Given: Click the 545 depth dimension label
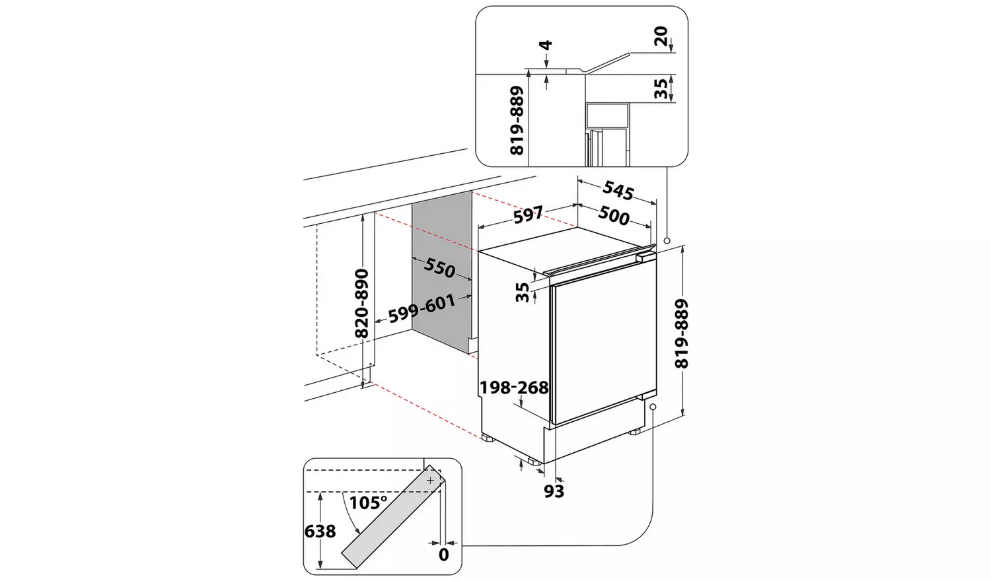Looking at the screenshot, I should (x=618, y=191).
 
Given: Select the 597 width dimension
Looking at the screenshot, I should (x=528, y=214).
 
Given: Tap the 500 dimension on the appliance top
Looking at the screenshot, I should (x=614, y=216).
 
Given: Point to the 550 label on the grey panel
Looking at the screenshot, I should (x=440, y=267).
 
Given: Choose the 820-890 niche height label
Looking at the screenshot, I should (x=361, y=303).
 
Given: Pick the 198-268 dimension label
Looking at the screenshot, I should (x=514, y=388).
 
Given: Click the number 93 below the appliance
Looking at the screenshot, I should (x=554, y=491).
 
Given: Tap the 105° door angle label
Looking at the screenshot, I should (x=368, y=503).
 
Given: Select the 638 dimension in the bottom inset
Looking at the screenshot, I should (x=320, y=531).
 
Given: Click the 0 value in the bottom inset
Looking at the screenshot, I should (x=444, y=555).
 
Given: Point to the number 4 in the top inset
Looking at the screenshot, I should (x=546, y=46).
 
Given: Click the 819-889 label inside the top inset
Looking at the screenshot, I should (x=517, y=121).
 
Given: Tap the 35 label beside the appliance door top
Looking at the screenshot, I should (x=523, y=292).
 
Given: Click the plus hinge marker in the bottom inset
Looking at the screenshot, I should (x=430, y=481).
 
